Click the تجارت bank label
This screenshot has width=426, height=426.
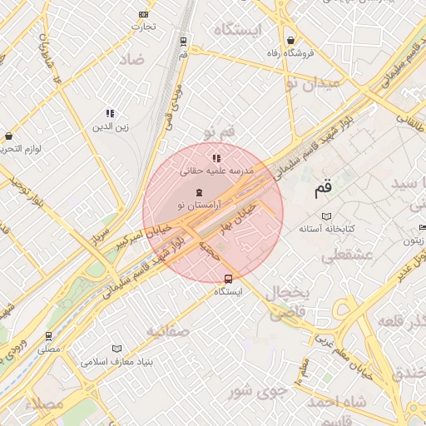[x=142, y=27]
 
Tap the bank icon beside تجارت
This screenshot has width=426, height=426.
[x=144, y=14]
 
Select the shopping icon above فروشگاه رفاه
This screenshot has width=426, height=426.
[x=290, y=40]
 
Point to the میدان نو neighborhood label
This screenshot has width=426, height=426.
[x=312, y=83]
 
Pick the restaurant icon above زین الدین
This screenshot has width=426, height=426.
[x=110, y=113]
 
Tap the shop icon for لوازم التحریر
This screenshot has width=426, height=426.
[x=8, y=136]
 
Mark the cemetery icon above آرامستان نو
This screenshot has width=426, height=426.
[x=198, y=192]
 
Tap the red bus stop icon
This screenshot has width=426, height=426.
[x=229, y=279]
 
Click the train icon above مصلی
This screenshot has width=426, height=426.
[x=49, y=336]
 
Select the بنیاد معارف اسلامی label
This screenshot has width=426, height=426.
[x=116, y=363]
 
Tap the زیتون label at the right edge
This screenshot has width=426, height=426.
[x=414, y=240]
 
